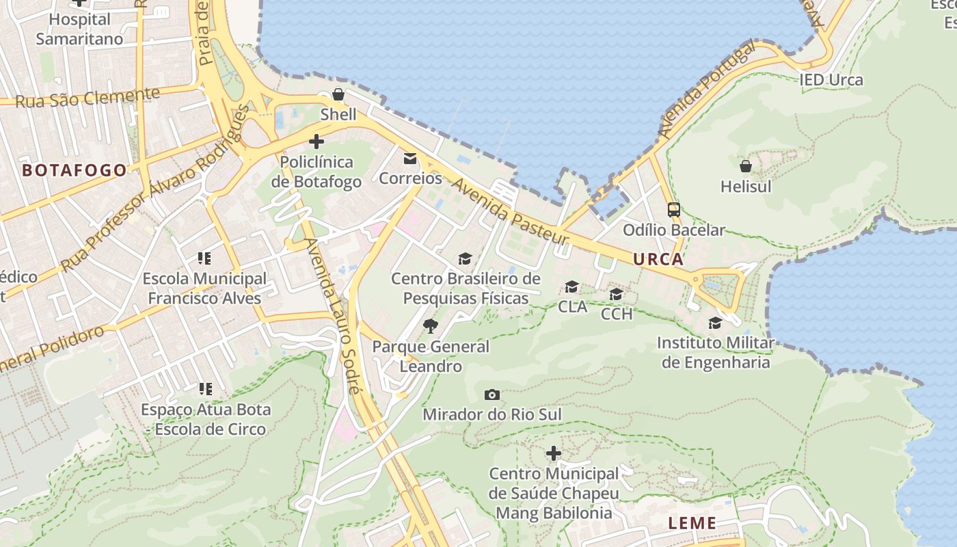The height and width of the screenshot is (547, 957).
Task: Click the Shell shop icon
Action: pos(338,94)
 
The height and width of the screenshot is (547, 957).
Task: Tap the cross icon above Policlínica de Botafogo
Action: pos(316,142)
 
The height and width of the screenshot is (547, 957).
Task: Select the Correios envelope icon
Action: pos(410,159)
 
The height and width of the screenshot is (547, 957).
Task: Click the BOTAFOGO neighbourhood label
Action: pos(75,170)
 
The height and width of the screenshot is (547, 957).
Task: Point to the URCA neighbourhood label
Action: pos(658,259)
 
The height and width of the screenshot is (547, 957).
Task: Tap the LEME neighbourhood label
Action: pos(692,524)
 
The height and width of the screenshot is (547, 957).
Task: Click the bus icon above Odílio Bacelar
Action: pos(673,210)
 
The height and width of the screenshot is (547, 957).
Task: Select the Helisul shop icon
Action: pos(746,166)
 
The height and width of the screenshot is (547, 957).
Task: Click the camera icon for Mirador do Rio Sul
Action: pos(491,395)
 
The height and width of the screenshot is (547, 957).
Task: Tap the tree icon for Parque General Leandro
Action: pos(431,326)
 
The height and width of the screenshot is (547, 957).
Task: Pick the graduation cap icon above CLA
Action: pos(571,286)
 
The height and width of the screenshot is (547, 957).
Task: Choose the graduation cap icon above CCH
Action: pos(616,294)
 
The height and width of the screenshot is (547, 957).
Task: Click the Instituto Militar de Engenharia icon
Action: pos(715,323)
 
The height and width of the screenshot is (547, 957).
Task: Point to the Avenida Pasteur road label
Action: pos(510,212)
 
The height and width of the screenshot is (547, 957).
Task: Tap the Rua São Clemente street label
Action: pos(87,98)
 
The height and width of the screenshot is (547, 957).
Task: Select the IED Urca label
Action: pos(831,80)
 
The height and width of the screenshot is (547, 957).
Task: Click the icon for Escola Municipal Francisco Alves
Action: pos(204,258)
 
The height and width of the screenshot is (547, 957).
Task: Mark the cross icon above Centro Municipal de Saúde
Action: pos(554,453)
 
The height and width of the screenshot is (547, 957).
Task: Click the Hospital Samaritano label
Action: pos(79,29)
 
